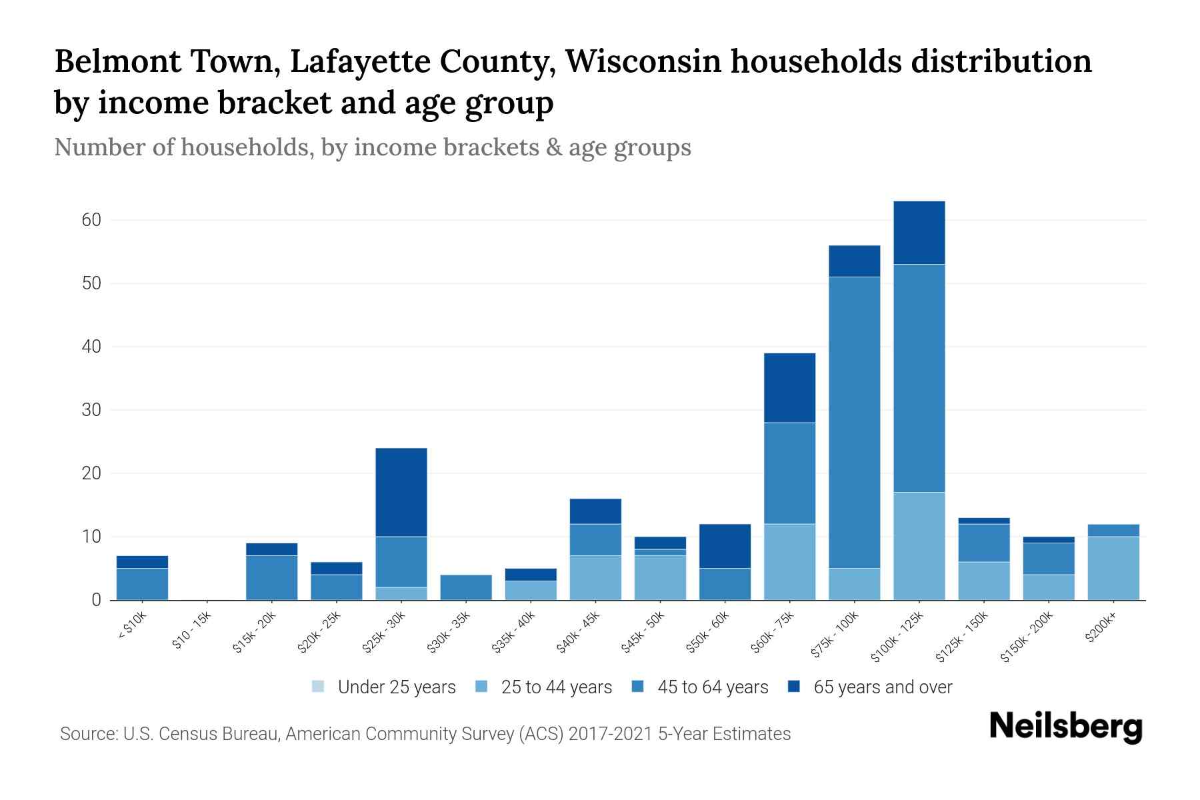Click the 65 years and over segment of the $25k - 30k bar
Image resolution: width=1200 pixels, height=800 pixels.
coord(401,492)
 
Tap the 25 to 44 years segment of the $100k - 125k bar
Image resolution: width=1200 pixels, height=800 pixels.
coord(919,546)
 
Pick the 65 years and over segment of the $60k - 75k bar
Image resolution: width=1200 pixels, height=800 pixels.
coord(790,387)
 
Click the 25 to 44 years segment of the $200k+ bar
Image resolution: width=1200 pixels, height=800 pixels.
coord(1113,568)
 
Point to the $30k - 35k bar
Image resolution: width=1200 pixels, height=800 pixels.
coord(466,587)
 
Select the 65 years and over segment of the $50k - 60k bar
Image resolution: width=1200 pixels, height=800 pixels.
coord(725,546)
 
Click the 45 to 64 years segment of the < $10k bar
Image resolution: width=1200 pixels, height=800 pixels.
coord(142,584)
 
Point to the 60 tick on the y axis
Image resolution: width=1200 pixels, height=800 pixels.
coord(91,220)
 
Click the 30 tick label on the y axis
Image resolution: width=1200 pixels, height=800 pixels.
coord(91,410)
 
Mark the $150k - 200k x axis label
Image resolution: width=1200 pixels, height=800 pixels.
coord(1027,637)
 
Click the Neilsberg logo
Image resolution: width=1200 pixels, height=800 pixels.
coord(1065,727)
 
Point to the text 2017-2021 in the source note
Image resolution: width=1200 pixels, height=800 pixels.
coord(611,734)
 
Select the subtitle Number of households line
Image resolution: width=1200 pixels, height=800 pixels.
coord(372,147)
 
